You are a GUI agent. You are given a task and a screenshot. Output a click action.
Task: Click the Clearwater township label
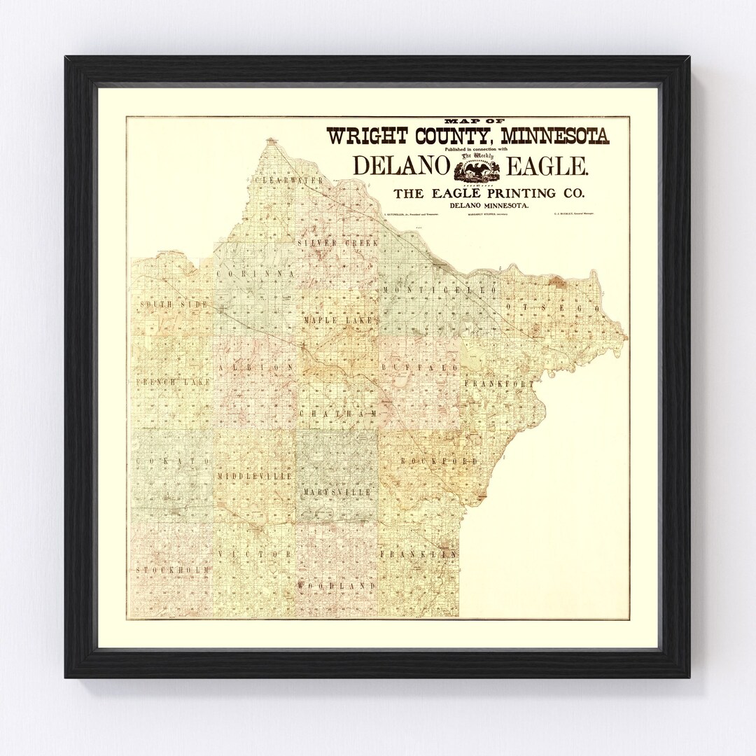click(x=288, y=181)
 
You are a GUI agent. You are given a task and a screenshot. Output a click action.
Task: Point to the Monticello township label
click(x=439, y=290)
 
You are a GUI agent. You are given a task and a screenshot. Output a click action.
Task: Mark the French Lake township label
click(x=169, y=383)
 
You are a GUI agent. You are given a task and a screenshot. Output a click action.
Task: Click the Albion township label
click(x=251, y=367)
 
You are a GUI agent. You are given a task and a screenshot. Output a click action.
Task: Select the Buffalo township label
click(x=420, y=367)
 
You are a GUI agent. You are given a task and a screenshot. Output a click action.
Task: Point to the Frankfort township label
click(x=498, y=384)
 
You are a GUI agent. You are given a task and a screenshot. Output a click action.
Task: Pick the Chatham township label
click(x=338, y=414)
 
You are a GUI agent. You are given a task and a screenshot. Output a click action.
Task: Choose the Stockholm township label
click(x=173, y=571)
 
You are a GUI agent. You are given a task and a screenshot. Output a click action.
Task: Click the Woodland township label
click(x=332, y=584)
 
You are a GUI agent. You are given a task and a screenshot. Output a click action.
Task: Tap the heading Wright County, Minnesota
click(x=468, y=134)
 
